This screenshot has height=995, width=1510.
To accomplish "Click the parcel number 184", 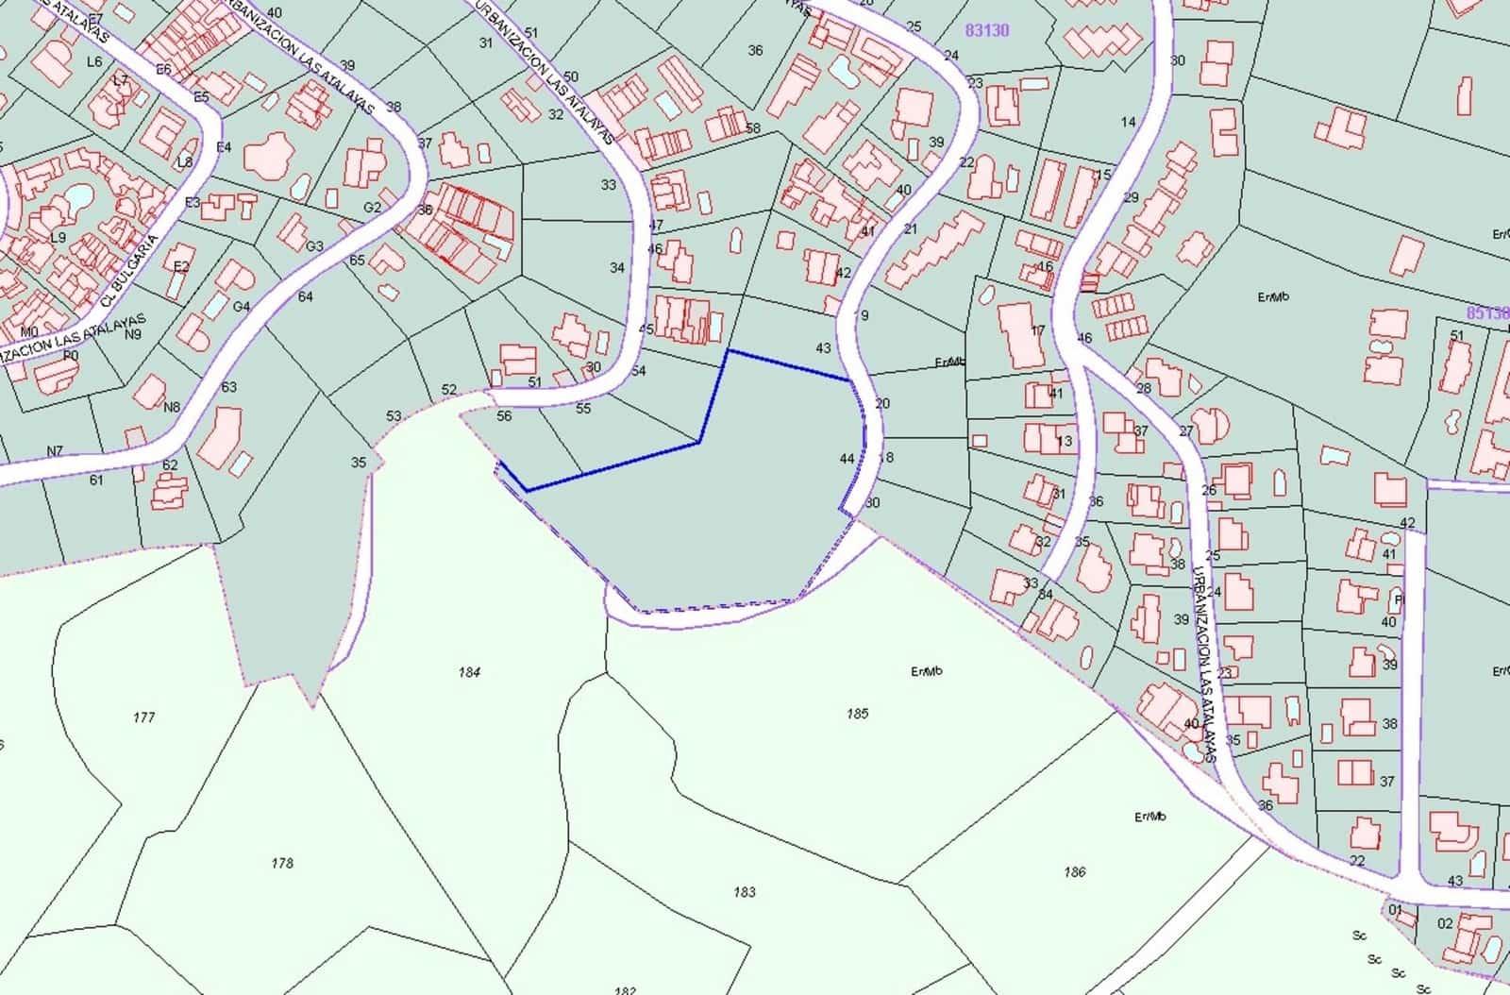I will coord(469,672).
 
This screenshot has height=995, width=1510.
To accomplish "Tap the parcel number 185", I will coord(857,714).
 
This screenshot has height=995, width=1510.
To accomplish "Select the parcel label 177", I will coord(143,717).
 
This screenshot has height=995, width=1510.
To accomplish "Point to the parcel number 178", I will coord(281,863).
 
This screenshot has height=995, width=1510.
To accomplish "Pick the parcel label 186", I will coord(1074,872).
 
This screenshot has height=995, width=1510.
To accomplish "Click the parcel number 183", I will coord(744,891).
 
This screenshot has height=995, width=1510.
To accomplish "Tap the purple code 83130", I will coord(987,30).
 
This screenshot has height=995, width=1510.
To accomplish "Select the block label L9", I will coord(58,237).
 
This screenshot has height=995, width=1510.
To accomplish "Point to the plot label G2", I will coord(373,208).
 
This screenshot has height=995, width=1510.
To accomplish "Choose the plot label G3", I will coord(314,246).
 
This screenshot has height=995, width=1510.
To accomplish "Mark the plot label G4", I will coord(242,307).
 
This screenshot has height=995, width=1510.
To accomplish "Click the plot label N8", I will coord(171,408).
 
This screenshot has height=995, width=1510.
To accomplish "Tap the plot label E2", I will coord(181,267).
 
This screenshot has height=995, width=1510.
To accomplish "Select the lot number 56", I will coord(504,416).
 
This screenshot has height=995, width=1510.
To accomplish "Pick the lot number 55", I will coord(583,409).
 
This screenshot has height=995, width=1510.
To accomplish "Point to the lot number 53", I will coord(394,415).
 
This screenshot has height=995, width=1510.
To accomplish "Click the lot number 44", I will coord(847,459).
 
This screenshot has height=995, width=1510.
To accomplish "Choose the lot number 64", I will coord(305,296).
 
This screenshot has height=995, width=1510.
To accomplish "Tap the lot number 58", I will coord(752,128).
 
